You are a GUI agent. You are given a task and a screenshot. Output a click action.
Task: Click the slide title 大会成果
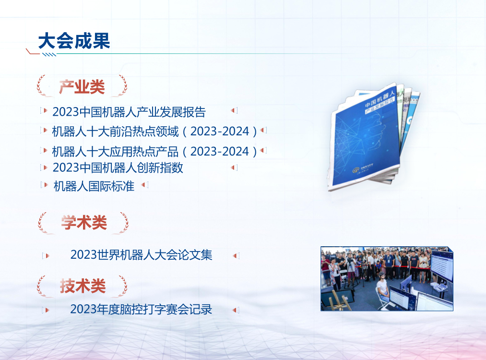[74, 41]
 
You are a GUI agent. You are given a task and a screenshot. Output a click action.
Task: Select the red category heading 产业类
[82, 87]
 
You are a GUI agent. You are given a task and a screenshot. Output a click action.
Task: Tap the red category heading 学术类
[83, 223]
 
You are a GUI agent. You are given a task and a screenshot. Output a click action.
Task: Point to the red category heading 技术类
[83, 286]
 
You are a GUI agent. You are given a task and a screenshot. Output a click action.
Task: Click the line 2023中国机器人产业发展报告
[129, 112]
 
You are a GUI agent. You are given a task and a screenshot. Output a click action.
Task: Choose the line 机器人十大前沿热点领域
[115, 131]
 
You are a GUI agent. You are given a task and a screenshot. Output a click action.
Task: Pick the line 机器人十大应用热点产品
[115, 152]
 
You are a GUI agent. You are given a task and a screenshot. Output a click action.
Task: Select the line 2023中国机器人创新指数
[118, 168]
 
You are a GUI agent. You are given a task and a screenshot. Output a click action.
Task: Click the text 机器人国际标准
[94, 186]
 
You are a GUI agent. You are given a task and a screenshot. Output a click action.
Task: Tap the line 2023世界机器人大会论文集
[141, 254]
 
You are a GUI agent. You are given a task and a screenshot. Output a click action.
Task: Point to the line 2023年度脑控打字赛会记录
[141, 309]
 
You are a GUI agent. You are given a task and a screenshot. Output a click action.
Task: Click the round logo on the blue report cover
[356, 169]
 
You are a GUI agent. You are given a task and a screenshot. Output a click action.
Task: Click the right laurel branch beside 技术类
[122, 286]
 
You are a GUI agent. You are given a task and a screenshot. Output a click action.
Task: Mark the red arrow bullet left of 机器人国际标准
[45, 185]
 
